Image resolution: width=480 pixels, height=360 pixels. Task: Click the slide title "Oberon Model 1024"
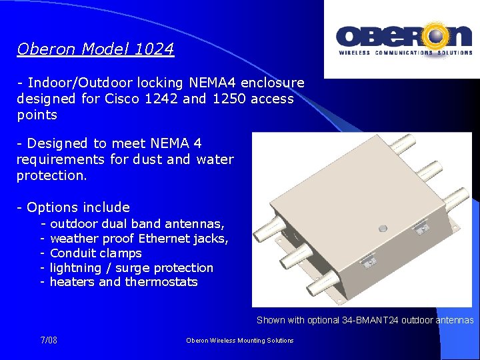[x=95, y=49]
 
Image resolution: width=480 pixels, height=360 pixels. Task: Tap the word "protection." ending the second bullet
[x=52, y=175]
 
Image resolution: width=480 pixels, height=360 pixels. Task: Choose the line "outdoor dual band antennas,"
[x=137, y=224]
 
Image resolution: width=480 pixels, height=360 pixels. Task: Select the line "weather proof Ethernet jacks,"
[x=139, y=239]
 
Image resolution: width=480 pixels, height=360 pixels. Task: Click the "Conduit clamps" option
[x=96, y=253]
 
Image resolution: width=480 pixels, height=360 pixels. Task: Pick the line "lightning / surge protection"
[x=132, y=268]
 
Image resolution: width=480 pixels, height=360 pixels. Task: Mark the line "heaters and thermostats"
[x=124, y=282]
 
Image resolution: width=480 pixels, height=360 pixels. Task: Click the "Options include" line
[x=78, y=207]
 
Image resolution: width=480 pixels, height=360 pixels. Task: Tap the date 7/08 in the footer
[x=49, y=340]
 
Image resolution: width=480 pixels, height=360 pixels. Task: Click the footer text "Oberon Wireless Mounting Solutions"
[x=240, y=341]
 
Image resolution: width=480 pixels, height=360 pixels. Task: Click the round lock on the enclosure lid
[x=383, y=228]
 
